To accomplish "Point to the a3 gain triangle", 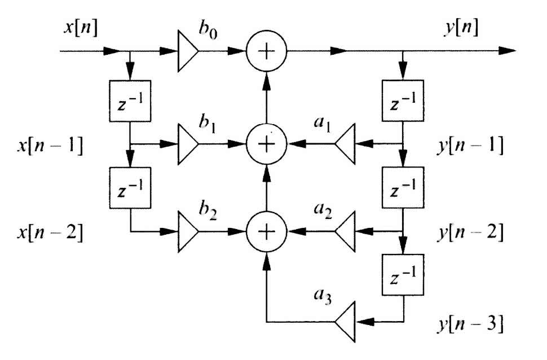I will pos(345,322).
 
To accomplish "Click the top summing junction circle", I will pos(266,51).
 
